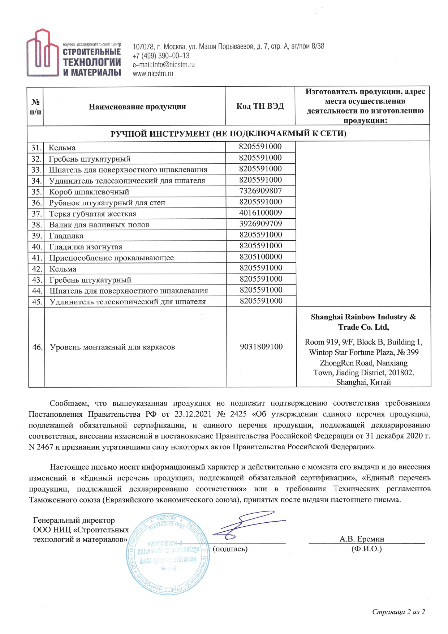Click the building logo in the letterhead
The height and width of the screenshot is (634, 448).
pos(43,53)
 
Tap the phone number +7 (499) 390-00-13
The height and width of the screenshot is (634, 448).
pos(161,56)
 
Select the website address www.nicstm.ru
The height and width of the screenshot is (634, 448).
pos(153,74)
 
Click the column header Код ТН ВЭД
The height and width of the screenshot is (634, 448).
pos(260,106)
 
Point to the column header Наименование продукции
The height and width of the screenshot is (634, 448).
pos(137,107)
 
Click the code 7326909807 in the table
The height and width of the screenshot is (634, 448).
pos(260,191)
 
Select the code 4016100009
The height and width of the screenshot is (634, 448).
pos(260,213)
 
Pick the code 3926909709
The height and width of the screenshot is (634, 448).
pos(260,224)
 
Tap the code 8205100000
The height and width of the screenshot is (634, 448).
pos(261,257)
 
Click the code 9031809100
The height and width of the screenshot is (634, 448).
pos(261,347)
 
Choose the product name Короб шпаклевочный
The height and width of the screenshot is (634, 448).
pos(89,192)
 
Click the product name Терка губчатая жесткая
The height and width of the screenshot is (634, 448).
pos(93,214)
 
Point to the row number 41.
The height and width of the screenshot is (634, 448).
pos(37,258)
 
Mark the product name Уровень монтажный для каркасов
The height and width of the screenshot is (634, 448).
pos(112,347)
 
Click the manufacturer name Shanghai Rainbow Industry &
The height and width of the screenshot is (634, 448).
pos(363,317)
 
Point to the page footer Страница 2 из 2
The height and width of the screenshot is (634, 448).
pos(399,612)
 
